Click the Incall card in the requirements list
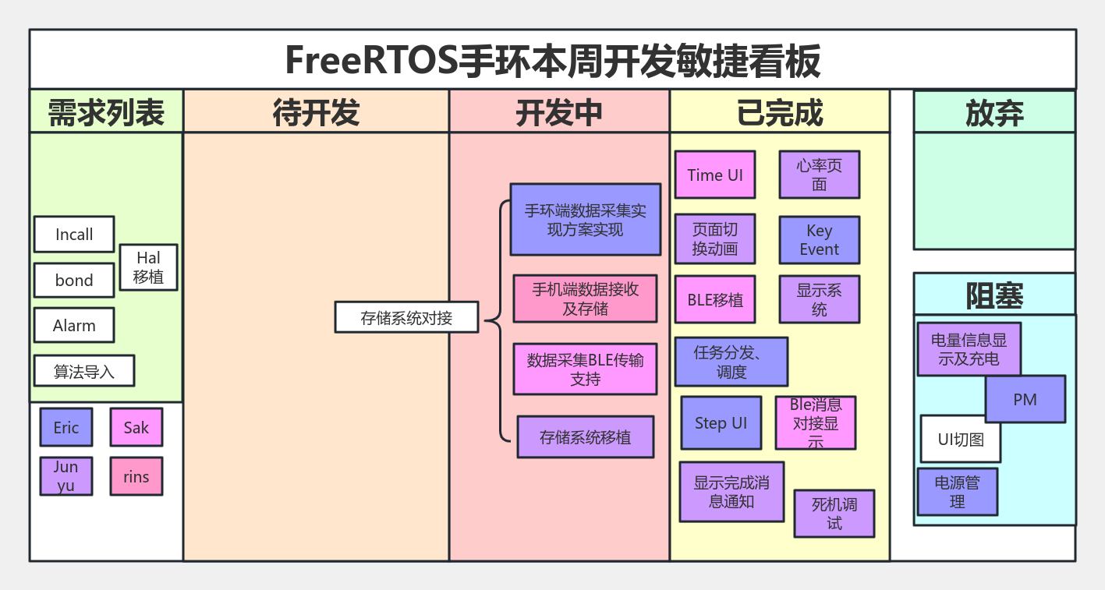74,235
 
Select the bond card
74,281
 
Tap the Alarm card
74,326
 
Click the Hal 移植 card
148,267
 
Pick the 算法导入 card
83,372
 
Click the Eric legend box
66,427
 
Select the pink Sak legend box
136,427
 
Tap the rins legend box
136,477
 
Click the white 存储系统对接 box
406,318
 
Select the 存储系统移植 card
585,437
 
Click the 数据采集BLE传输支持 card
585,369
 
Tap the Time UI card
715,175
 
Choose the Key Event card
819,240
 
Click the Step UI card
721,423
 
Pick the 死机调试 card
834,514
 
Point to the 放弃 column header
993,113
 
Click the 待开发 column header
316,112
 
